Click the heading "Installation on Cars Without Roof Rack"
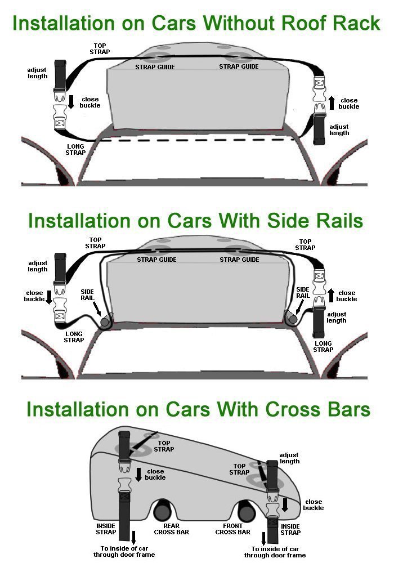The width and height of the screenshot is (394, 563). point(196,24)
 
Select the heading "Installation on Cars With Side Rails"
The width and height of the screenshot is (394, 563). point(196,221)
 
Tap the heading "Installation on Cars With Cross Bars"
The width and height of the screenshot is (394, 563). point(198,409)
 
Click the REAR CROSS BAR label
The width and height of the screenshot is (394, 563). point(172,529)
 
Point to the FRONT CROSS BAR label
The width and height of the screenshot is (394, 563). point(233,529)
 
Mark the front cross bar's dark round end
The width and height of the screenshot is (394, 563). point(247,512)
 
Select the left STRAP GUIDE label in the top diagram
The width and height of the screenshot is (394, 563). point(155,67)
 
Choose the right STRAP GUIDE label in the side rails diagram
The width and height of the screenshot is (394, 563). point(239,260)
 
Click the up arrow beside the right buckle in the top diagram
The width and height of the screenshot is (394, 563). point(332,102)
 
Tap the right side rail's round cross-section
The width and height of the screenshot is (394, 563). point(292,319)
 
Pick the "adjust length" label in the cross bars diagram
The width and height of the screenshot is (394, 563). point(289,458)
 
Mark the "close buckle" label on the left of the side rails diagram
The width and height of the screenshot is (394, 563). point(34,296)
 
